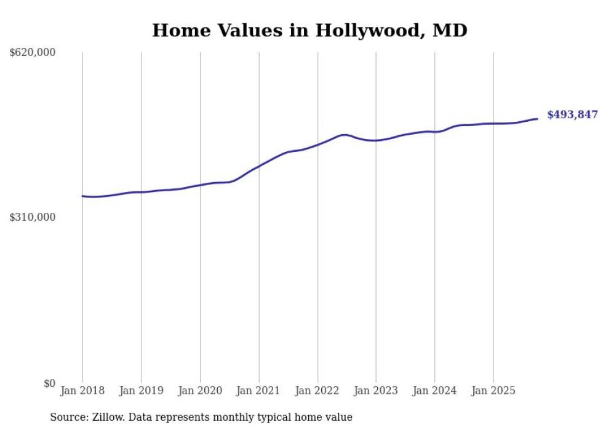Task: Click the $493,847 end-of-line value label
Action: tap(572, 114)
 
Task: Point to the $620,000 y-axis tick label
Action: tap(33, 53)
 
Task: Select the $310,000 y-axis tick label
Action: tap(33, 217)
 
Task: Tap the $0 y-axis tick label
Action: tap(49, 383)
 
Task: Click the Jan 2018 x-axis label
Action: tap(82, 391)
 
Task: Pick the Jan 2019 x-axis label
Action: tap(142, 391)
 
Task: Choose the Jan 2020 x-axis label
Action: tap(200, 391)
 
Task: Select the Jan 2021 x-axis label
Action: tap(258, 391)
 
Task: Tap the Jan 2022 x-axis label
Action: tap(317, 391)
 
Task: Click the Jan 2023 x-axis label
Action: tap(376, 391)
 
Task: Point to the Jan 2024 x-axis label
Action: tap(434, 391)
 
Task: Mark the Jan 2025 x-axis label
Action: tap(493, 391)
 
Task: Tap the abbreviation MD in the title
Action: tap(450, 30)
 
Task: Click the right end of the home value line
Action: tap(537, 119)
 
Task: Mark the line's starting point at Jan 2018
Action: tap(82, 196)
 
